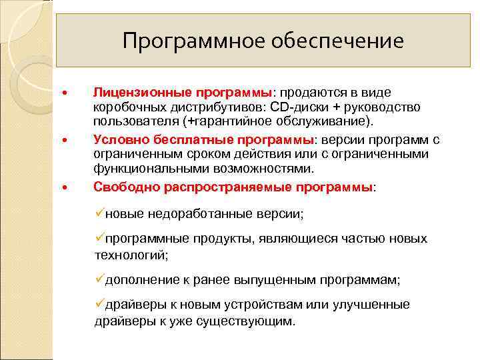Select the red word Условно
point(117,139)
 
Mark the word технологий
point(131,255)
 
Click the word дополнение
point(141,280)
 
